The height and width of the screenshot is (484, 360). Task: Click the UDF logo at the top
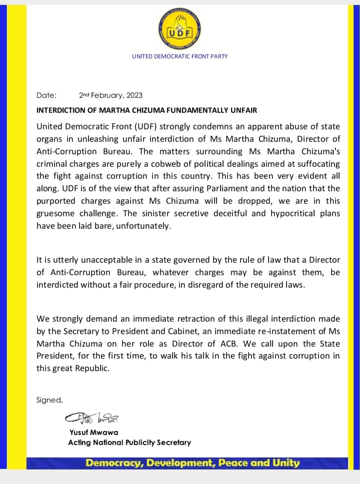click(179, 25)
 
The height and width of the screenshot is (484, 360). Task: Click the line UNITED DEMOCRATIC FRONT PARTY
click(179, 56)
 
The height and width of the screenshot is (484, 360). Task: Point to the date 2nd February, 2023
click(110, 95)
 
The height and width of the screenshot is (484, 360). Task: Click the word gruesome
click(57, 214)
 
